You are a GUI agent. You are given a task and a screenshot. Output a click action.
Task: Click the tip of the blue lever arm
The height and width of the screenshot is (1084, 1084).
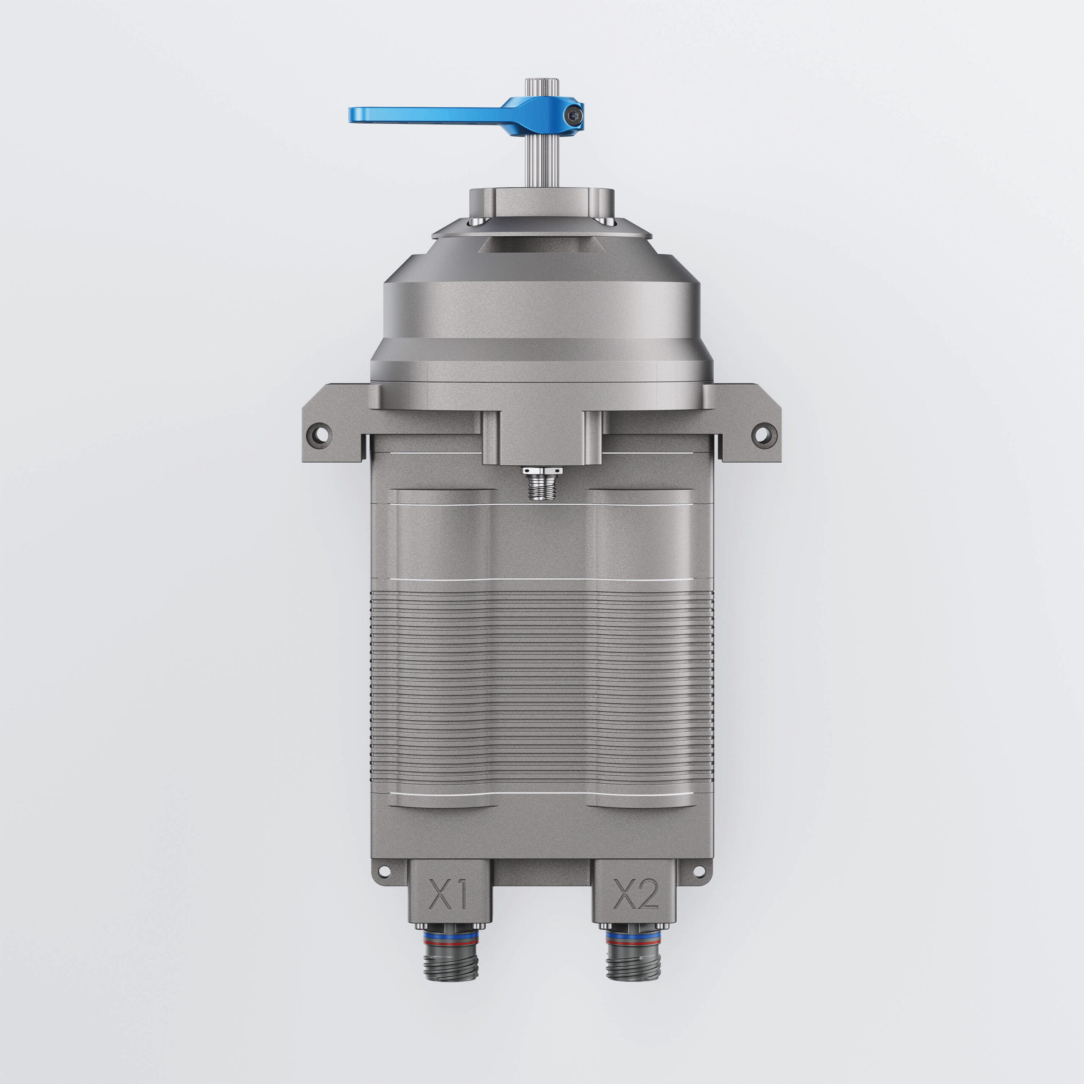click(351, 114)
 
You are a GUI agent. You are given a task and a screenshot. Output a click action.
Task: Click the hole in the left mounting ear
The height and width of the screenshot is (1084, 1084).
click(319, 434)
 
